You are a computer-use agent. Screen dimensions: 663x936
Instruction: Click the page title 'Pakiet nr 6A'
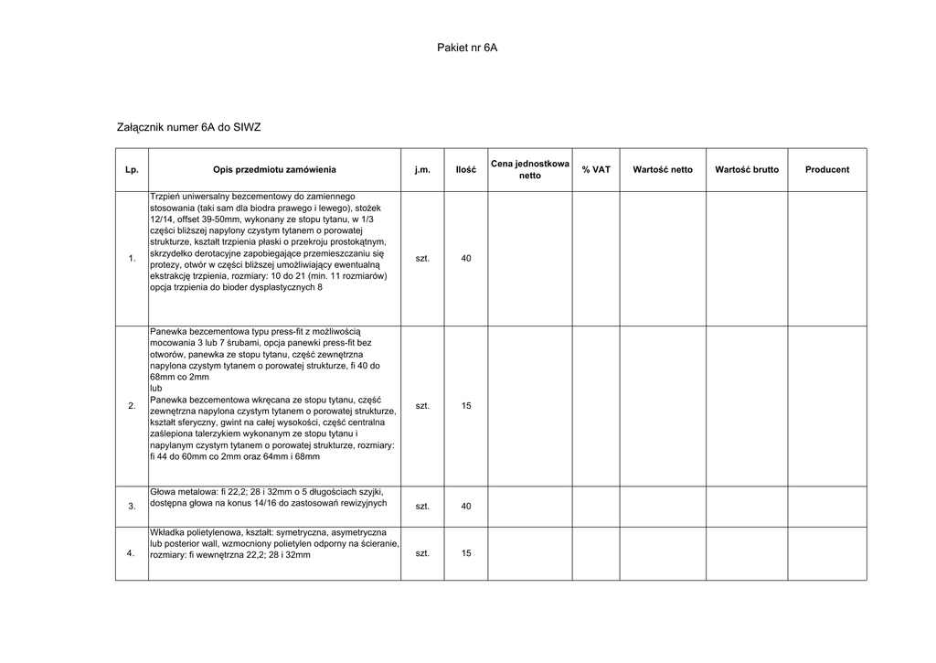coord(467,48)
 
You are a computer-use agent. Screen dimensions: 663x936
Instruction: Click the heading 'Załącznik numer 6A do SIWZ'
coord(189,127)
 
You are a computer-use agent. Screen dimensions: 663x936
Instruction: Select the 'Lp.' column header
coord(132,170)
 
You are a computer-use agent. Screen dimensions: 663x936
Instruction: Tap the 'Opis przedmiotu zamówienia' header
coord(274,170)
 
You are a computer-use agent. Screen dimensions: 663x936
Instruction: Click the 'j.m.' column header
coord(421,170)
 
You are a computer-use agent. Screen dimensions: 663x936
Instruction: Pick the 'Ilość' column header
coord(466,170)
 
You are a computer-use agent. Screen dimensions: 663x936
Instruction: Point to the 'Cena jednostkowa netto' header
coord(530,169)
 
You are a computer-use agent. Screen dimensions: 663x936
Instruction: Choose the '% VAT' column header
coord(596,170)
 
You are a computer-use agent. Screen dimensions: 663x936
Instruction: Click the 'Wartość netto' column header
coord(663,170)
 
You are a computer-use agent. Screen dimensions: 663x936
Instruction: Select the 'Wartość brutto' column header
coord(747,170)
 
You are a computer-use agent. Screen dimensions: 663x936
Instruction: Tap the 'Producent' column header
coord(827,170)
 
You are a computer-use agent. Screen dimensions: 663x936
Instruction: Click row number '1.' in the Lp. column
coord(132,260)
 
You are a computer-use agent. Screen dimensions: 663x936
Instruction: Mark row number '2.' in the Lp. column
coord(132,406)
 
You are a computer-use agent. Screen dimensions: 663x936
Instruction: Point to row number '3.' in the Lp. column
coord(132,507)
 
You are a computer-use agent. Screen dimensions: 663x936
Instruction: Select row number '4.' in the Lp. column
coord(132,554)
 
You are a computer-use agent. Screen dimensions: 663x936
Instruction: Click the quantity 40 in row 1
coord(466,259)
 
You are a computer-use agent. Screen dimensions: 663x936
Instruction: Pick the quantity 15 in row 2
coord(466,405)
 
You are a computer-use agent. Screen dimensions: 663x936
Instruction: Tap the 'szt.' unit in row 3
coord(422,507)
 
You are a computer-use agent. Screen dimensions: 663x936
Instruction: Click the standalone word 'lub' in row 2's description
coord(155,389)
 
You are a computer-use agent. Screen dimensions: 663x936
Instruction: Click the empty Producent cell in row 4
coord(827,553)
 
